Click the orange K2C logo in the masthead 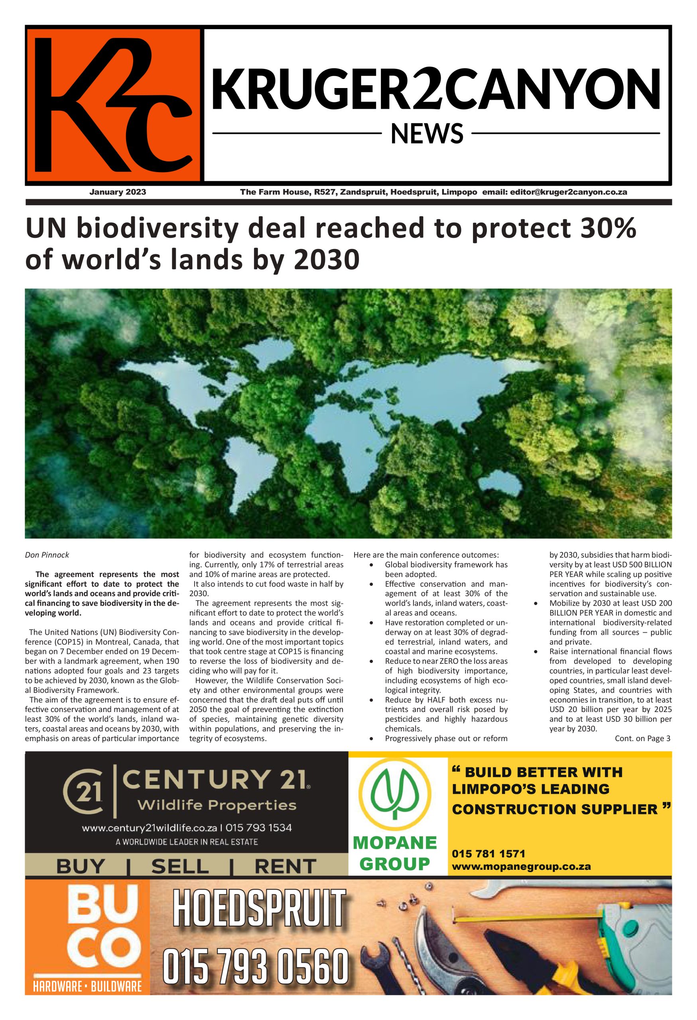pyautogui.click(x=113, y=105)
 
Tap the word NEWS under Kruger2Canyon pyautogui.click(x=427, y=134)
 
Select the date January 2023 pyautogui.click(x=118, y=192)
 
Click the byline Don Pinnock pyautogui.click(x=47, y=555)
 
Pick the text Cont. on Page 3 pyautogui.click(x=642, y=738)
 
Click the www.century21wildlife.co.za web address pyautogui.click(x=149, y=828)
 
